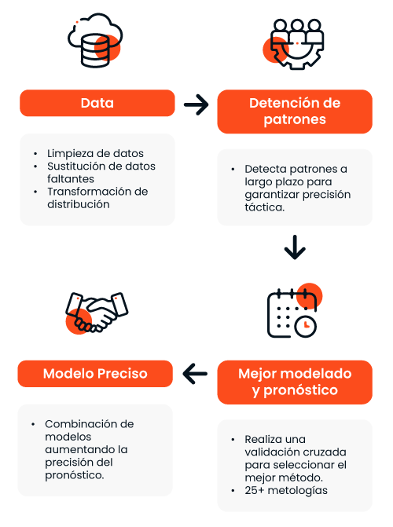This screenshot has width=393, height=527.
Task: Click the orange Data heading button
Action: (97, 103)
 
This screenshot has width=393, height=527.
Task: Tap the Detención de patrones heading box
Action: (295, 112)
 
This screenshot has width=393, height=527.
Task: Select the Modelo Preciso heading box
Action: (95, 373)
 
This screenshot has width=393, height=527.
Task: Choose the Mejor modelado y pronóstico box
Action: (295, 382)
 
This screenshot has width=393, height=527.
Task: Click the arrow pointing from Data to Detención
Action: (196, 104)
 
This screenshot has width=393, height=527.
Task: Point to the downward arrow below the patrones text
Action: (295, 247)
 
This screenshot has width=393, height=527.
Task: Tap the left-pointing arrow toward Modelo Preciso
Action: (195, 373)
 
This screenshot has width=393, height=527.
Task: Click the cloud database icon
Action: (95, 40)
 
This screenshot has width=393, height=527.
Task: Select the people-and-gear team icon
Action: (293, 44)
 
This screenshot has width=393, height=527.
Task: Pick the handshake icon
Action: (97, 313)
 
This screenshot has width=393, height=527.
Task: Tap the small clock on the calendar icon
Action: (306, 326)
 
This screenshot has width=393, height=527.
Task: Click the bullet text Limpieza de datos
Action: (95, 153)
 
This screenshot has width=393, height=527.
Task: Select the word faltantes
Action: (71, 179)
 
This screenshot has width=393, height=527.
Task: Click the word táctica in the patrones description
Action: (264, 207)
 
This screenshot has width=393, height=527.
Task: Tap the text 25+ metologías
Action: (286, 490)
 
